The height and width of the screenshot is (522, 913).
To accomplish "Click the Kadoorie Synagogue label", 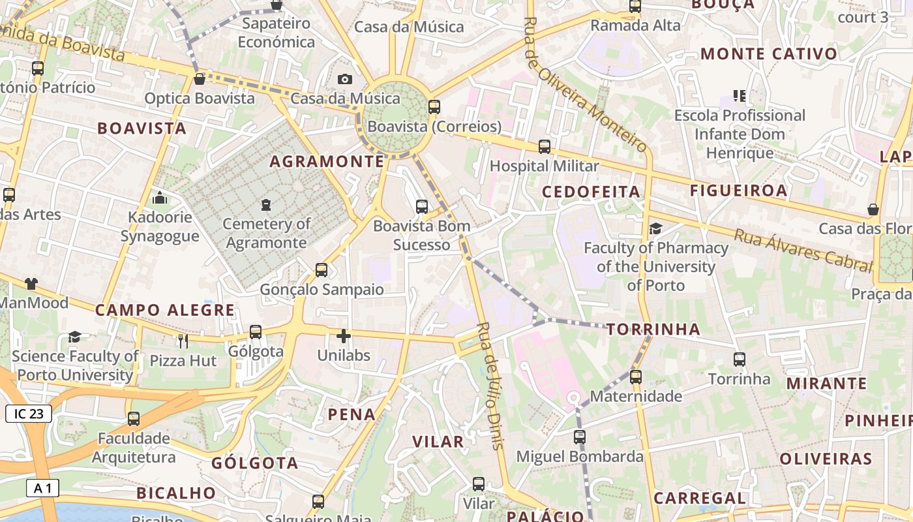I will point(160,226).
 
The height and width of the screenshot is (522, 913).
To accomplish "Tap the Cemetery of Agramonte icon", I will point(265,205).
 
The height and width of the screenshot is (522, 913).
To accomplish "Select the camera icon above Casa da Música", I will point(345,79).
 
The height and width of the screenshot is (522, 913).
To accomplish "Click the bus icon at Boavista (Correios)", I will point(434,107).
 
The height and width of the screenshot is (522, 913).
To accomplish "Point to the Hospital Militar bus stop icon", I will point(545,147).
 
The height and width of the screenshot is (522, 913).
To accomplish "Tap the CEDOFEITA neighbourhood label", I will point(591,191).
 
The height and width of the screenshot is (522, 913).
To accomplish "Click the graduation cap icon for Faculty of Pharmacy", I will point(655,228).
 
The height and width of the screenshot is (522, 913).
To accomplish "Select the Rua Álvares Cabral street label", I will point(803,251).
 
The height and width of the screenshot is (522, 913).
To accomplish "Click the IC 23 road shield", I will point(28,413).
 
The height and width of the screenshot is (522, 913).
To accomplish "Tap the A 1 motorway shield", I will point(43,487).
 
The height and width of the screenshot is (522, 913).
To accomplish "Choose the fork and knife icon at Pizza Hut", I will point(183,341).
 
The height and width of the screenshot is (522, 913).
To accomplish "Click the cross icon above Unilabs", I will point(344,336).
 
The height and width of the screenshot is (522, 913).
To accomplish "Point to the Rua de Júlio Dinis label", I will point(490,385).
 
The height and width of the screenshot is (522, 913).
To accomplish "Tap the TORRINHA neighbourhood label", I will point(653,329).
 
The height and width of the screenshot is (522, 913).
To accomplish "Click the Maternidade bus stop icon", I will point(636,377).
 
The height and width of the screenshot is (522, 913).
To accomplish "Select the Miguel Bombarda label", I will point(580,456).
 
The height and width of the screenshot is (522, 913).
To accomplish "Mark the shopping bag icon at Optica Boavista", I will point(200,79).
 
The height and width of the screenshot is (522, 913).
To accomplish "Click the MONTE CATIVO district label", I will point(769,54).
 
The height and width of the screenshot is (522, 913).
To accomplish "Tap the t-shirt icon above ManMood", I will point(31,283).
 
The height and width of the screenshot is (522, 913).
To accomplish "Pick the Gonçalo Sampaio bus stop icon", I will point(322,270).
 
